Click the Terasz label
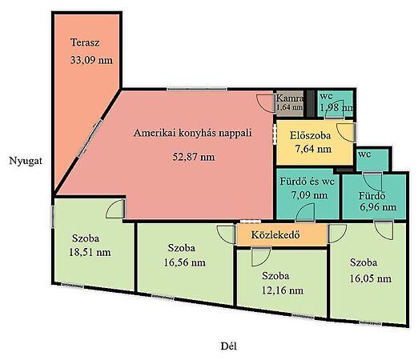point(85,42)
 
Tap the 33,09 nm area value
point(91,60)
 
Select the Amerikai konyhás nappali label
point(192,133)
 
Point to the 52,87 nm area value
point(194,157)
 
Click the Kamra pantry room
point(289,103)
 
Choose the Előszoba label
point(310,135)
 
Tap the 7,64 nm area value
point(313,149)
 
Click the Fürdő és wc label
point(307,182)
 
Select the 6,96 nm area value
point(378,207)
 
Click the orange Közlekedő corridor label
point(275,235)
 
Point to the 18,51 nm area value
point(90,252)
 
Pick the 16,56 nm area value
point(184,262)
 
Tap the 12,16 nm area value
point(283,290)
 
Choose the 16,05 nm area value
point(371,278)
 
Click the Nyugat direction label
point(26,161)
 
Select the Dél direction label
point(229,346)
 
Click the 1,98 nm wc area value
point(336,107)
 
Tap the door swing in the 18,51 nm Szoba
point(115,209)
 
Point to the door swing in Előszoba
point(346,133)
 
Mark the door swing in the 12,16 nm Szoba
point(261,257)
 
